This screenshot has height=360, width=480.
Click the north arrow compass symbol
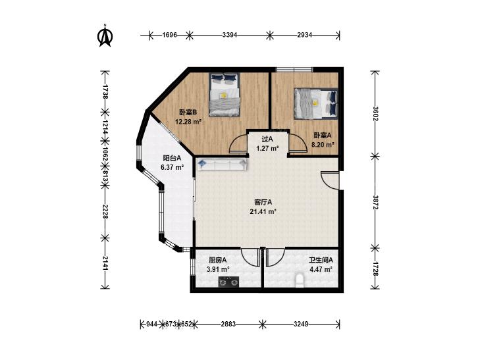pos(105,36)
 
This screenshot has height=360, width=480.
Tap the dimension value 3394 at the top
pos(230,35)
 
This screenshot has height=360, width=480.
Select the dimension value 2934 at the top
pos(305,35)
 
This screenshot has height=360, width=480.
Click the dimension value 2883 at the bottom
pos(228,324)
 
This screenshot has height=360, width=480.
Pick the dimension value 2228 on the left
pos(105,211)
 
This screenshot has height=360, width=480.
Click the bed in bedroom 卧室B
pos(225,95)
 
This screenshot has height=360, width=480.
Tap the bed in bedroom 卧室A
pos(315,103)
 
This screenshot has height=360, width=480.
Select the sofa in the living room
pos(222,165)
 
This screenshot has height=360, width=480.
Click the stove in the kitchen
pos(228,282)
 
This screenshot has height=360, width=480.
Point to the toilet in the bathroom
pos(300,281)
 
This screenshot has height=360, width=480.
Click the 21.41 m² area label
pos(263,211)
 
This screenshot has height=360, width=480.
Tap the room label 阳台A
pos(172,158)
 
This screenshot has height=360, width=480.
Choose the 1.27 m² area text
pos(267,149)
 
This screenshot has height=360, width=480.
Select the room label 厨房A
pos(218,260)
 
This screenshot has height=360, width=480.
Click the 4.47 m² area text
pos(321,269)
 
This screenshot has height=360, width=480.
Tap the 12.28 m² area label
pos(188,122)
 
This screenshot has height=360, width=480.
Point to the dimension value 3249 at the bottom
pos(301,324)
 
